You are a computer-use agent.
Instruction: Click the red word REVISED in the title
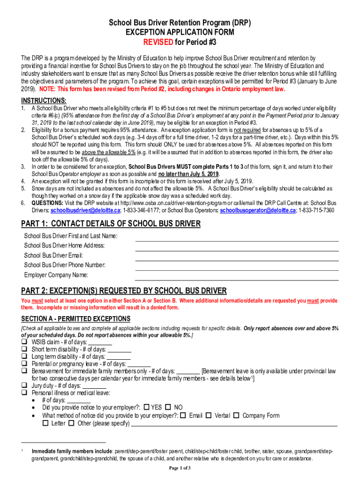(x=158, y=42)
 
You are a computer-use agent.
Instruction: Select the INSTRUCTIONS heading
(x=43, y=101)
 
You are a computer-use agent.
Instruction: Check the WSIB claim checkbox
(x=24, y=342)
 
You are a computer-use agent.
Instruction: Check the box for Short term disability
(x=24, y=349)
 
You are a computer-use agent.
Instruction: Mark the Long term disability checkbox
(x=24, y=357)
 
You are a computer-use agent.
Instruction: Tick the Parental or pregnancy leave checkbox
(x=24, y=364)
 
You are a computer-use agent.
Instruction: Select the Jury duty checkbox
(x=24, y=386)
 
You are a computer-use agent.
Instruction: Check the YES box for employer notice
(x=147, y=407)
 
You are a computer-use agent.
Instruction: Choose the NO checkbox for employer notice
(x=169, y=407)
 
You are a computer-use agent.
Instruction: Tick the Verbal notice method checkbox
(x=209, y=415)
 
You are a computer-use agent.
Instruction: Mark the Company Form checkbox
(x=236, y=415)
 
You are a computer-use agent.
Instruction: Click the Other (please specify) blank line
(x=234, y=426)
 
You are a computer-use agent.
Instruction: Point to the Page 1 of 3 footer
(x=180, y=468)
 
